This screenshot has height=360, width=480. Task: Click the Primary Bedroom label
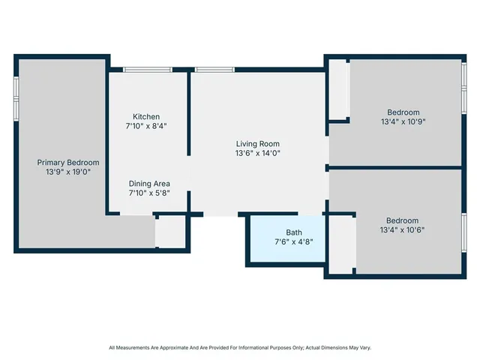pos(68,162)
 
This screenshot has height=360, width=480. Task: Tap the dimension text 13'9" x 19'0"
pos(68,172)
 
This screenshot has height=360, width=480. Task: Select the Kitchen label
pos(146,116)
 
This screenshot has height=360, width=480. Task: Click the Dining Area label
pos(149,183)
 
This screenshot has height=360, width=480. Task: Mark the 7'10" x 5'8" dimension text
pos(149,193)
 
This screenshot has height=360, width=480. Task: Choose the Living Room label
pos(258,143)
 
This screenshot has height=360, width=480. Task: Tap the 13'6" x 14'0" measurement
pos(258,153)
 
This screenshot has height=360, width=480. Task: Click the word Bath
pos(294,232)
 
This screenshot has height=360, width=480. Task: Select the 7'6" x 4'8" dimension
pos(294,242)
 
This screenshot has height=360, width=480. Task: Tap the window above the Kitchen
pos(146,70)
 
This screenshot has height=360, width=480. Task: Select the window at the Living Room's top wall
pos(214,70)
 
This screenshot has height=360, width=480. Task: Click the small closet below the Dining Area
pos(171,232)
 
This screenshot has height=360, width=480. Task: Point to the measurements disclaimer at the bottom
pos(240,347)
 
